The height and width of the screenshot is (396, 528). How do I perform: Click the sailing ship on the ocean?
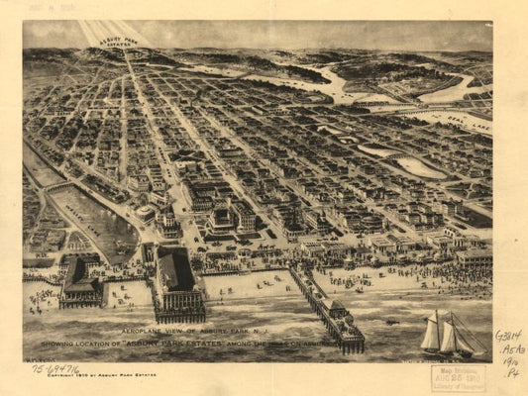[x=445, y=334]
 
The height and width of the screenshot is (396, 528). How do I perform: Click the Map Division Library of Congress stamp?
[x=457, y=377]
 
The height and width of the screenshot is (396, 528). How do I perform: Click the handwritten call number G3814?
[x=508, y=336]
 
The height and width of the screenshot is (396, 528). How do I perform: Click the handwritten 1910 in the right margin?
[x=511, y=361]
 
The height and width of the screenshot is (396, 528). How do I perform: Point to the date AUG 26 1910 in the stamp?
[x=457, y=377]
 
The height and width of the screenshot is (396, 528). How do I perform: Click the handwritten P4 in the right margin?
[x=512, y=373]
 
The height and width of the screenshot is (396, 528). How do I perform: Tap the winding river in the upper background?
[x=327, y=84]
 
